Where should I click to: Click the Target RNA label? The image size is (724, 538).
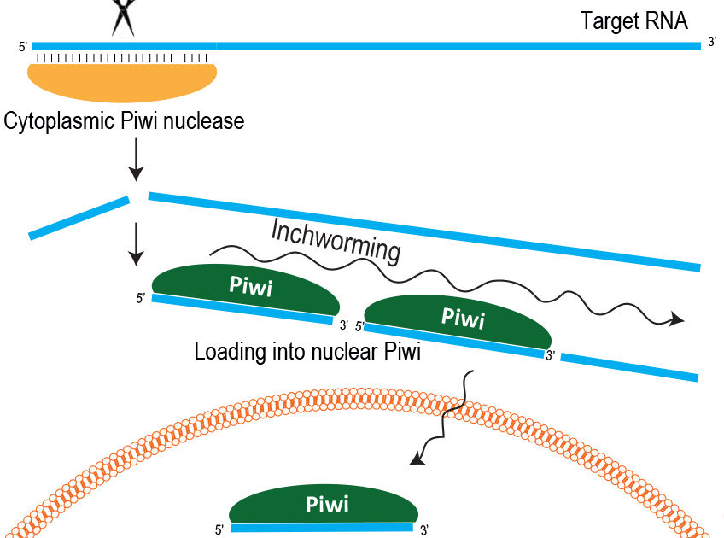pyautogui.click(x=633, y=21)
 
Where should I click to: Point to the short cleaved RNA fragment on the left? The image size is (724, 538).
pyautogui.click(x=79, y=217)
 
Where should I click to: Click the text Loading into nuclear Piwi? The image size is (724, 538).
pyautogui.click(x=307, y=351)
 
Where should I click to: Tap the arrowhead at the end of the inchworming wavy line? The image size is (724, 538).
pyautogui.click(x=678, y=319)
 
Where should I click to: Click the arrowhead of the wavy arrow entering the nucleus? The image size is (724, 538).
pyautogui.click(x=416, y=461)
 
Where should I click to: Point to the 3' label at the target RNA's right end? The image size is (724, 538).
pyautogui.click(x=711, y=43)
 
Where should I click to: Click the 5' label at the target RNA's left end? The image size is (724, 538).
pyautogui.click(x=23, y=47)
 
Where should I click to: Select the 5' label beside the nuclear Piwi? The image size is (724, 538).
pyautogui.click(x=219, y=530)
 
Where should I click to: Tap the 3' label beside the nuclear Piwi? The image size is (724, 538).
pyautogui.click(x=424, y=530)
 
